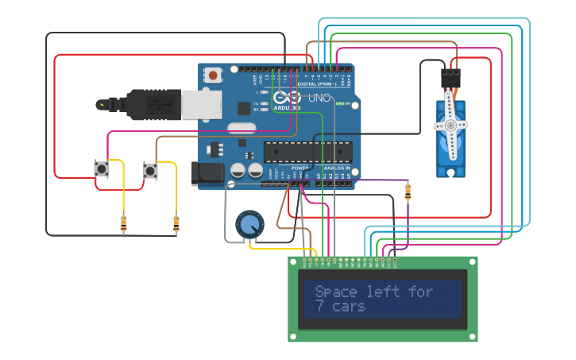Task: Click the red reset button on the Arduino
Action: pos(213,75)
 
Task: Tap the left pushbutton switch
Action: pos(102,169)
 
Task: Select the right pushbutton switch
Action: pos(150,170)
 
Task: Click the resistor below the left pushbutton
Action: pos(123,224)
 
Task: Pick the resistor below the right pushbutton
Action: pos(176,224)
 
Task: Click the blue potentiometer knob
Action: pos(249,224)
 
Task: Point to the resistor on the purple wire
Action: pos(408,192)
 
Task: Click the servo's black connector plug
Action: pos(451,78)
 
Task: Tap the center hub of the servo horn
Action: pos(450,125)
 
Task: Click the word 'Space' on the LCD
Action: pos(336,292)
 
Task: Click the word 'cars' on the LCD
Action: pos(349,307)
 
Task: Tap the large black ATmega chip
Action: pos(307,150)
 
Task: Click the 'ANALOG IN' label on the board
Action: pos(338,168)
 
